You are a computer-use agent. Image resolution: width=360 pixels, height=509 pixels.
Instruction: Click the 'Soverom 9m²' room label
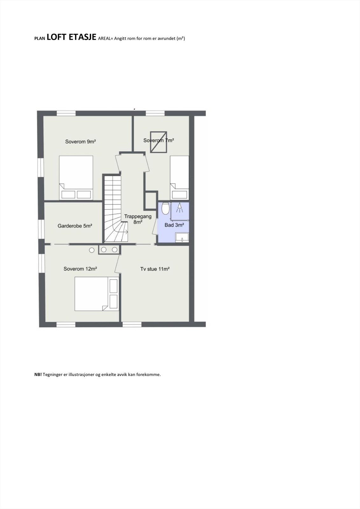81,142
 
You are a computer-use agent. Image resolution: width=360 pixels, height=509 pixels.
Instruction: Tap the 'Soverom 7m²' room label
159,140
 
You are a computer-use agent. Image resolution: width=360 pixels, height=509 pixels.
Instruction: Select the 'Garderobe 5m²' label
75,226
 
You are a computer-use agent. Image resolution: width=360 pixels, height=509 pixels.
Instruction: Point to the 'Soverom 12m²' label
80,269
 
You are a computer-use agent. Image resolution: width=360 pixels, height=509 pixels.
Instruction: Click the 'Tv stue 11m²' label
155,269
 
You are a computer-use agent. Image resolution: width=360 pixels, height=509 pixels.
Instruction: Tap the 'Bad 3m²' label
174,225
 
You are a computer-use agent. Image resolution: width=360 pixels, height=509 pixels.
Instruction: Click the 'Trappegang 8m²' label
138,219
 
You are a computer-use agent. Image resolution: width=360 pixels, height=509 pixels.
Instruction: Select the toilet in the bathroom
165,208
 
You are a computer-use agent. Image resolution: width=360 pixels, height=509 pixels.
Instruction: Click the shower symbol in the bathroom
180,208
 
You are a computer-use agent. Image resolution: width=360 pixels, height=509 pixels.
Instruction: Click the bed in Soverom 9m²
76,178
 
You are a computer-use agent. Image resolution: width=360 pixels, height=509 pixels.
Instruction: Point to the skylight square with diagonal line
159,142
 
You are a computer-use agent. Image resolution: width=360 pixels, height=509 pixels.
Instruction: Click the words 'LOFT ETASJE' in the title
71,37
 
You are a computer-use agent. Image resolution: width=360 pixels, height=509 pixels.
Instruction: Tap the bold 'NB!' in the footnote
38,374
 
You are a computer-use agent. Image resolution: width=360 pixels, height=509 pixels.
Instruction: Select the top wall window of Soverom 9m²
66,113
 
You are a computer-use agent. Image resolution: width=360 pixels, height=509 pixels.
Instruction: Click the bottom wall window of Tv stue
132,324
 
